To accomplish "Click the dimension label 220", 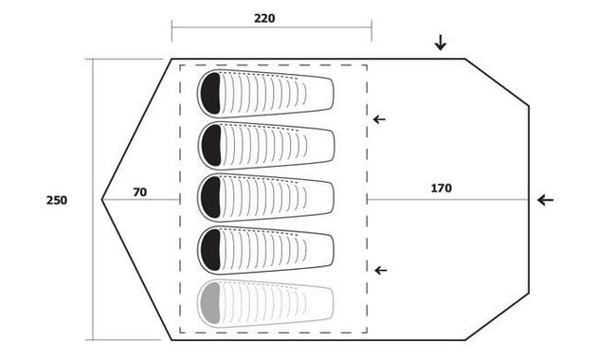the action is click(264, 18).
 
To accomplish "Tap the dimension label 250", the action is click(57, 200).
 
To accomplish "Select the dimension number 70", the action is click(140, 192).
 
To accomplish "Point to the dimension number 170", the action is click(442, 189).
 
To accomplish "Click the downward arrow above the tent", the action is click(441, 43).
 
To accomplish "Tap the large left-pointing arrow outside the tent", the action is click(546, 200).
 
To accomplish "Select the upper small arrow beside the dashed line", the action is click(379, 119).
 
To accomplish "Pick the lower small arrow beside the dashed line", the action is click(381, 270).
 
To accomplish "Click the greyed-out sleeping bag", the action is click(265, 302).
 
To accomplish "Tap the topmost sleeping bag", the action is click(265, 94).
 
